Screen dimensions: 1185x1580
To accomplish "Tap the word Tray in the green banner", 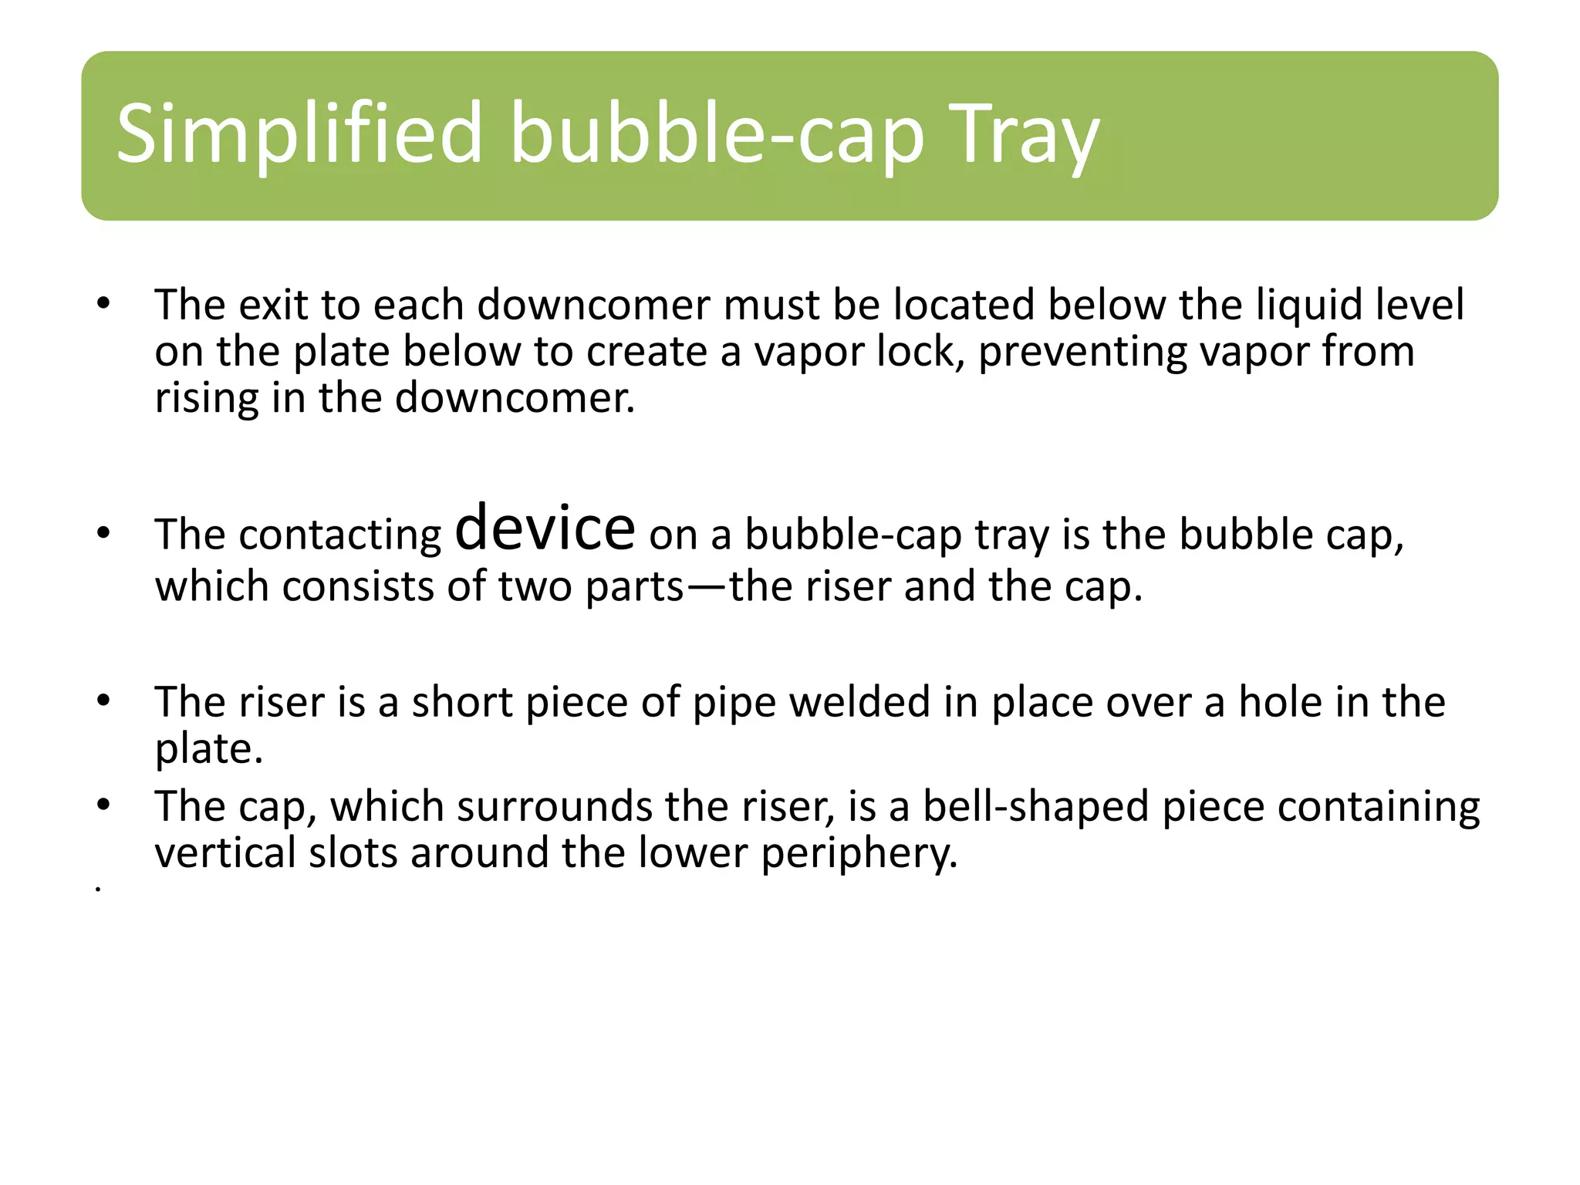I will pyautogui.click(x=1023, y=136).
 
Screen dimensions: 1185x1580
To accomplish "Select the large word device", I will pyautogui.click(x=545, y=528).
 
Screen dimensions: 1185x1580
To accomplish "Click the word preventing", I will pyautogui.click(x=1082, y=352).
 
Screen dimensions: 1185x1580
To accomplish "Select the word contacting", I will pyautogui.click(x=340, y=535).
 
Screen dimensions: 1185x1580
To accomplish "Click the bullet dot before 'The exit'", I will pyautogui.click(x=103, y=303).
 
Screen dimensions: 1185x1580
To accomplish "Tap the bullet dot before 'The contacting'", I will pyautogui.click(x=103, y=533).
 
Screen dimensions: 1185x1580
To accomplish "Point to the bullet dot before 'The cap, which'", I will pyautogui.click(x=103, y=805).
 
